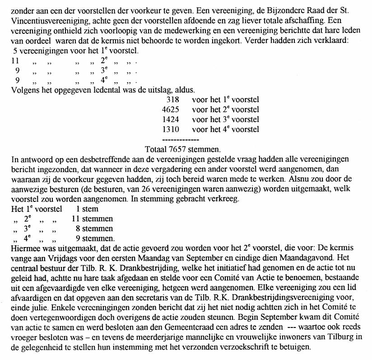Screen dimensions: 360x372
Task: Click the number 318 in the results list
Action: pyautogui.click(x=173, y=99)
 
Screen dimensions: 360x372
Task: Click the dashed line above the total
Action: pyautogui.click(x=180, y=139)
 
